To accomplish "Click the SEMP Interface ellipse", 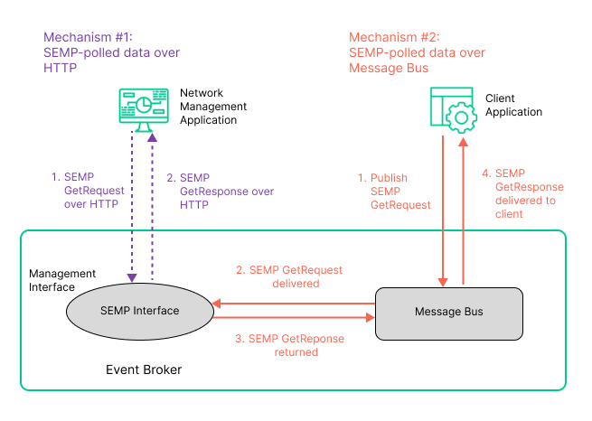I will [140, 311].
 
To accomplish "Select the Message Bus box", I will [448, 313].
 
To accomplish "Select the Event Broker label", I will [144, 370].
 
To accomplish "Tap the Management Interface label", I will [62, 280].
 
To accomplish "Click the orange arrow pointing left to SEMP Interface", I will [294, 304].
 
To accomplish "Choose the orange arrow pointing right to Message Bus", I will [294, 318].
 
